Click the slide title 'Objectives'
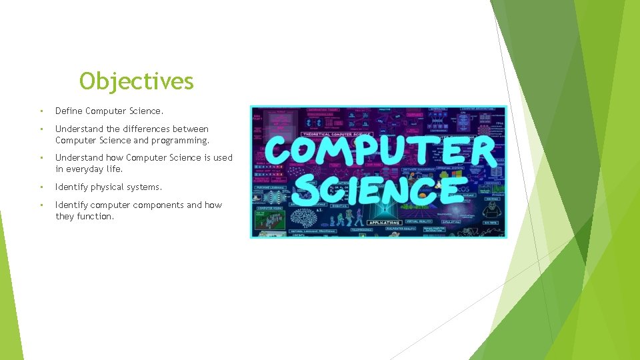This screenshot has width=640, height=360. coord(137,81)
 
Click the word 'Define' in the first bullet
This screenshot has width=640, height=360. coord(69,111)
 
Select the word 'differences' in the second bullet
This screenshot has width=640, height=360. coord(146,129)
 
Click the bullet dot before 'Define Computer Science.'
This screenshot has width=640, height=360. coord(41,111)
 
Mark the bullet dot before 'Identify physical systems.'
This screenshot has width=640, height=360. coord(41,187)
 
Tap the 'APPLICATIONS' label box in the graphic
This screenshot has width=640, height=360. coord(384,223)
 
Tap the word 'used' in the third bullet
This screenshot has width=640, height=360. coord(223,158)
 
